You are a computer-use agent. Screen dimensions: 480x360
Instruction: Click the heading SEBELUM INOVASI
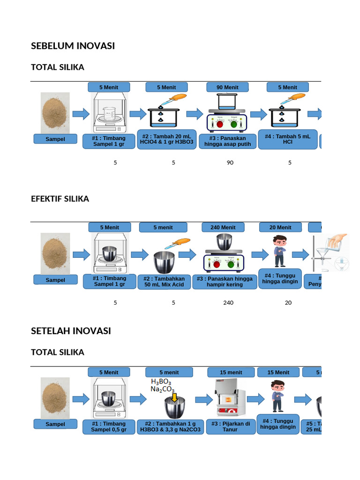point(73,46)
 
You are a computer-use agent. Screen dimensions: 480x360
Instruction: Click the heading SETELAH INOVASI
point(71,331)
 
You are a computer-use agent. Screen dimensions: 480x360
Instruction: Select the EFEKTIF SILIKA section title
point(60,199)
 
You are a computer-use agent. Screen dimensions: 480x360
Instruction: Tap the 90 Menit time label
point(227,87)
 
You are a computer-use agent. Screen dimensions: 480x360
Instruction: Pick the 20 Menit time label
point(280,227)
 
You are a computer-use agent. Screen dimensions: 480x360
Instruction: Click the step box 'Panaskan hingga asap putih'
point(227,142)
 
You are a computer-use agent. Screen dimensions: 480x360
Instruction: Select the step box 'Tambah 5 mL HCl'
point(287,139)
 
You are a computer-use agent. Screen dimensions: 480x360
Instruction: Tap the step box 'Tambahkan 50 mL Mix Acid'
point(164,282)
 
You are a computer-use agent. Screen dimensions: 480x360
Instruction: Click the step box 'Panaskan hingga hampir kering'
point(225,281)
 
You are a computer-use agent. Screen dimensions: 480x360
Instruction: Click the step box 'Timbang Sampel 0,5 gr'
point(109,426)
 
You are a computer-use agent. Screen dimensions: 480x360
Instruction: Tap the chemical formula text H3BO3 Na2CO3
point(162,386)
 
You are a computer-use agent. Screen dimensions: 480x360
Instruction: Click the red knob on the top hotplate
point(219,124)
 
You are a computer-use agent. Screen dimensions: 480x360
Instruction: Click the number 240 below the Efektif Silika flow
point(228,303)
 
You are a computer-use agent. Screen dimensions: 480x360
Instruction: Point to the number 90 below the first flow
point(230,163)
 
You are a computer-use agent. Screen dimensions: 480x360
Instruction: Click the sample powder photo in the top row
point(55,113)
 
